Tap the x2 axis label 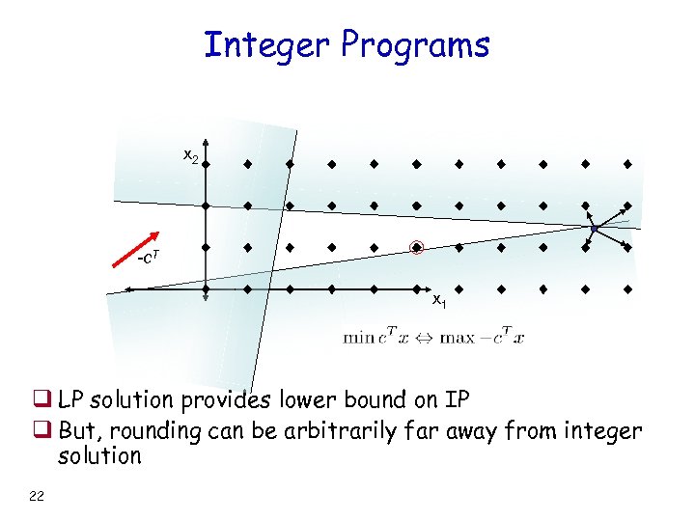click(191, 156)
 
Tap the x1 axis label click(438, 300)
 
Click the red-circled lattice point click(416, 247)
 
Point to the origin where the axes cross click(206, 288)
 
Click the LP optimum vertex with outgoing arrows click(596, 228)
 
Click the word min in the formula click(358, 338)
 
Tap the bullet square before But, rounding click(46, 430)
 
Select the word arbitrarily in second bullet click(343, 430)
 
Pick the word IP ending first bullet click(457, 399)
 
